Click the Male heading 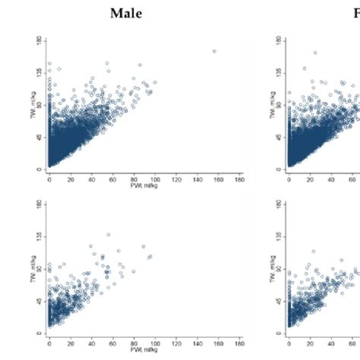[126, 13]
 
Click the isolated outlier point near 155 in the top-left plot [214, 51]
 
